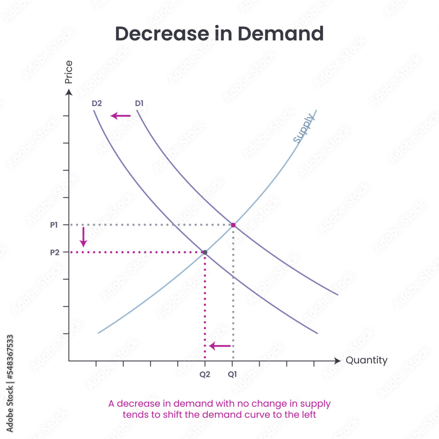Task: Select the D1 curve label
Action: (x=140, y=104)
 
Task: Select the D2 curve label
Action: (x=97, y=104)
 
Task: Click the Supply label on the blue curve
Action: (x=303, y=128)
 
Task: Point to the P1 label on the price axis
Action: (x=54, y=225)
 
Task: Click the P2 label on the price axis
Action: (x=54, y=252)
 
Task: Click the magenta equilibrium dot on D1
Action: (x=233, y=225)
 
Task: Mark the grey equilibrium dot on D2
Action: (x=205, y=252)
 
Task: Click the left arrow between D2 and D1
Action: (x=121, y=116)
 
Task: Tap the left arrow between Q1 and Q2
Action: (x=219, y=346)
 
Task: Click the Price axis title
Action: (x=68, y=72)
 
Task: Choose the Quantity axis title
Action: (x=367, y=360)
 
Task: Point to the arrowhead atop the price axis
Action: (x=68, y=92)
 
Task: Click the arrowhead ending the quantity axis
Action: (x=337, y=361)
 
